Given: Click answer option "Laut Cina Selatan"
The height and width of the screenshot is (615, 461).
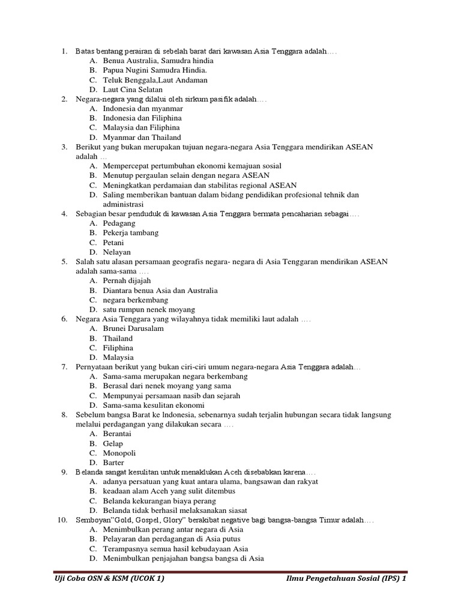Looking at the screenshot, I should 133,89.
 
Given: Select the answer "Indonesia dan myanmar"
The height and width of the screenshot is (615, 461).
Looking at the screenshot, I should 143,109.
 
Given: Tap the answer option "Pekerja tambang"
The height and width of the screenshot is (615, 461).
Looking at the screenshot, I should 130,233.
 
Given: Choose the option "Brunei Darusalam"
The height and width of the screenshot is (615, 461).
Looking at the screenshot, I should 133,329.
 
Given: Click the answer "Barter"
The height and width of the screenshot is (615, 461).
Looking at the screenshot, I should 113,462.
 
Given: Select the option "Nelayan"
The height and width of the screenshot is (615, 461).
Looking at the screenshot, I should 116,252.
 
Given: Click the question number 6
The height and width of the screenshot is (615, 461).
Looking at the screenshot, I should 64,319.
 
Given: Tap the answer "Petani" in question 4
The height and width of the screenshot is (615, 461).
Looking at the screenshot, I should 113,243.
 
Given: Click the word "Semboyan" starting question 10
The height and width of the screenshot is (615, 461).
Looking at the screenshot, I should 92,520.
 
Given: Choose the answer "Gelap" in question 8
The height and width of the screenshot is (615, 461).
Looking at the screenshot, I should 113,443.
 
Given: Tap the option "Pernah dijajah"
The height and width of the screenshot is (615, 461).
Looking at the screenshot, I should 127,280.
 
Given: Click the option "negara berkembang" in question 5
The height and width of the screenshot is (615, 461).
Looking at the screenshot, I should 136,300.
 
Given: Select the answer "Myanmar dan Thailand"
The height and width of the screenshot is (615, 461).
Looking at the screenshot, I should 142,138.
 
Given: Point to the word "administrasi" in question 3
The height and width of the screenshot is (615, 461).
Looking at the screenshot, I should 123,204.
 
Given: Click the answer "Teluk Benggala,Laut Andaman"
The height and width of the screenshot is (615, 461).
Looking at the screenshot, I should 155,80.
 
